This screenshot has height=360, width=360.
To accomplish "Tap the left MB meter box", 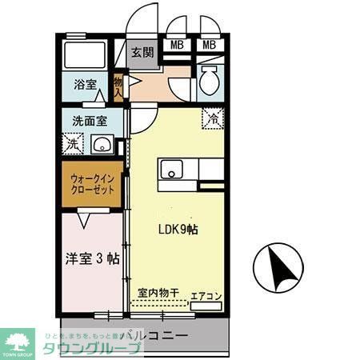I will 177,45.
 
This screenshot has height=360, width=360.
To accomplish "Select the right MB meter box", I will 210,45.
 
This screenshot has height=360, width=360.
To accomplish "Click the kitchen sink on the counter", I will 171,170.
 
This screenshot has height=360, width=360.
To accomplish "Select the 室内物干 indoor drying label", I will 158,294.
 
